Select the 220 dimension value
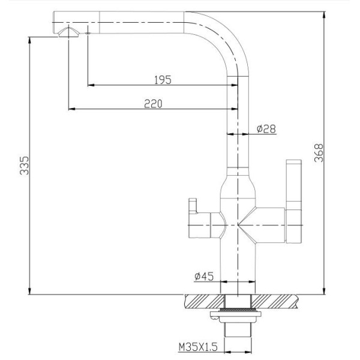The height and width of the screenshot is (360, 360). [x=153, y=103]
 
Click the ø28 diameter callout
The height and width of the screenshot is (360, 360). [x=266, y=128]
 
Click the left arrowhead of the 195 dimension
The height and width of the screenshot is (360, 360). [x=91, y=85]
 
